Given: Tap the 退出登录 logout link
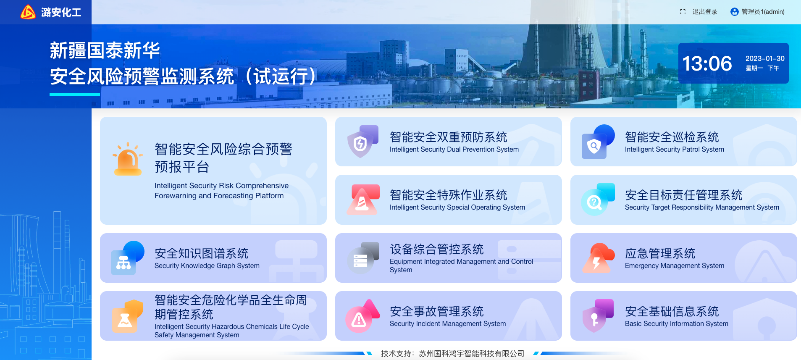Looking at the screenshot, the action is point(705,12).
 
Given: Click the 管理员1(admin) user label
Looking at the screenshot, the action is point(763,12).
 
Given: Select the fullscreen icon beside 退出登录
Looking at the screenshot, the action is point(683,12).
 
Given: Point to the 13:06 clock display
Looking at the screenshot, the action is point(707,63).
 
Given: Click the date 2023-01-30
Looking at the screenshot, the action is point(765,58).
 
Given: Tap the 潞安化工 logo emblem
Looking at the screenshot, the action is point(28,12).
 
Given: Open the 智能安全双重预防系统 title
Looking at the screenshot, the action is point(448,137).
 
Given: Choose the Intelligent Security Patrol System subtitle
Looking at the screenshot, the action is point(674,149).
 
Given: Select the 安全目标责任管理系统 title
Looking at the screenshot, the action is point(683,195).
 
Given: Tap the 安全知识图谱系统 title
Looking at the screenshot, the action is point(202,253).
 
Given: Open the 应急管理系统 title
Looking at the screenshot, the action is point(660,253).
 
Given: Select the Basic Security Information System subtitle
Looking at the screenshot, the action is point(676,323).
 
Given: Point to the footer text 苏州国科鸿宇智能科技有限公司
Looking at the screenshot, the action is point(471,354).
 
